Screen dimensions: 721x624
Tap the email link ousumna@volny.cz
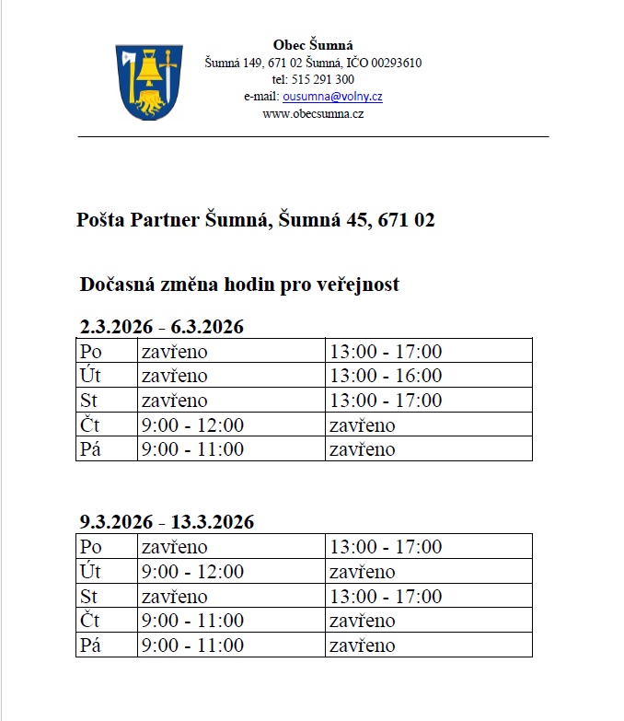332,97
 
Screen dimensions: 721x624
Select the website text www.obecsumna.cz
313,113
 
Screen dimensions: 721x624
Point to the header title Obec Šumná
313,45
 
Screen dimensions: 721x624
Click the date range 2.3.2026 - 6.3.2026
161,327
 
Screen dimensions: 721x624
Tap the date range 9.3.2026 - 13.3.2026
167,522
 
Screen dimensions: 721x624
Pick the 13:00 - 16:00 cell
386,376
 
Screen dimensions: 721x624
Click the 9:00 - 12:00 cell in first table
192,424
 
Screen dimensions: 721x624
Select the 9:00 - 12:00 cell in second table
192,572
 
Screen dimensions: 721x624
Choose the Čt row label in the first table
89,424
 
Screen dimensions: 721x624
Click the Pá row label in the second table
90,645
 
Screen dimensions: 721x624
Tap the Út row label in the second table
90,572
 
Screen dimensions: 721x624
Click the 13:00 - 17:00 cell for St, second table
386,596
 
